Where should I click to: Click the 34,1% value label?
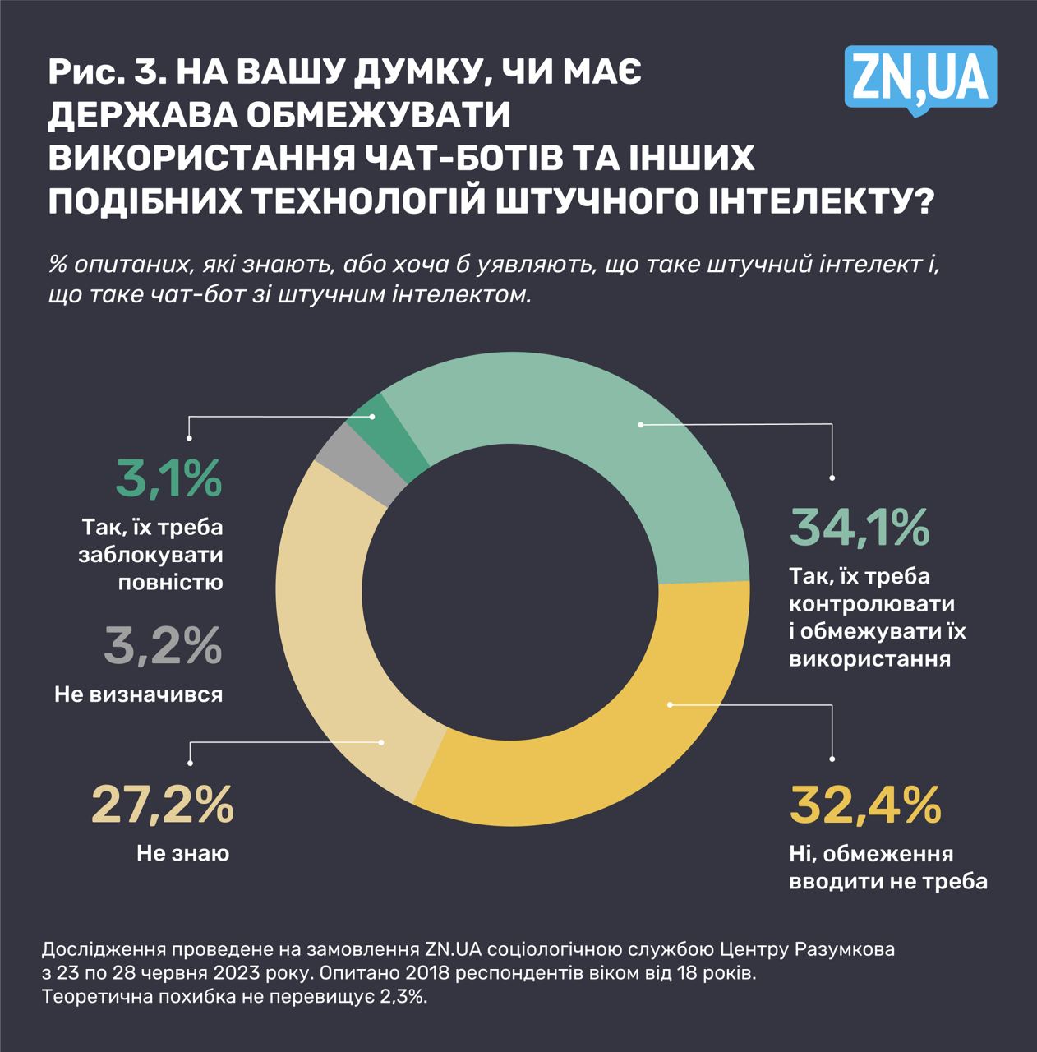coord(859,528)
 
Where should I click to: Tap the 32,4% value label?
coord(864,805)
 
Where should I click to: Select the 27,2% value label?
coord(162,805)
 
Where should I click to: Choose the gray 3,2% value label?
coord(163,646)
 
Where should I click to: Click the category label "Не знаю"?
coord(182,854)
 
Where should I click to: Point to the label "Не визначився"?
coord(138,694)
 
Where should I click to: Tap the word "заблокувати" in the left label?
coord(151,555)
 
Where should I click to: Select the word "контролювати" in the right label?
coord(871,604)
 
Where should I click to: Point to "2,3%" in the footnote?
coord(399,997)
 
